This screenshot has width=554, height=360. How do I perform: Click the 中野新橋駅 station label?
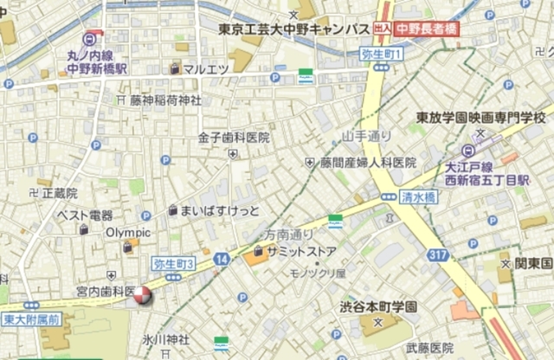(98, 67)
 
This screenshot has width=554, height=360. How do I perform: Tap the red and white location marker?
(141, 296)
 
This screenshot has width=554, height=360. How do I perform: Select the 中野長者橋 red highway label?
(427, 29)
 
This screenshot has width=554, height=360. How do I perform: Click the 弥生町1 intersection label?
(382, 54)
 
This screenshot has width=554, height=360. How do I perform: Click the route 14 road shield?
(222, 259)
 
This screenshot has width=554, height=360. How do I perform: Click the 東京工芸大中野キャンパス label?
(294, 29)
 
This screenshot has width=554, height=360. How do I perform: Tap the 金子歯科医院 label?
(234, 138)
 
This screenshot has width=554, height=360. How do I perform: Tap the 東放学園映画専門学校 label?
(480, 117)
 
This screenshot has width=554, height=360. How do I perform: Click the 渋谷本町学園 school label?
(379, 306)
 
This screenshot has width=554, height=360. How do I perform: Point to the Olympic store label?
(128, 233)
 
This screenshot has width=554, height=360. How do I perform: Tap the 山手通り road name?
(367, 137)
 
